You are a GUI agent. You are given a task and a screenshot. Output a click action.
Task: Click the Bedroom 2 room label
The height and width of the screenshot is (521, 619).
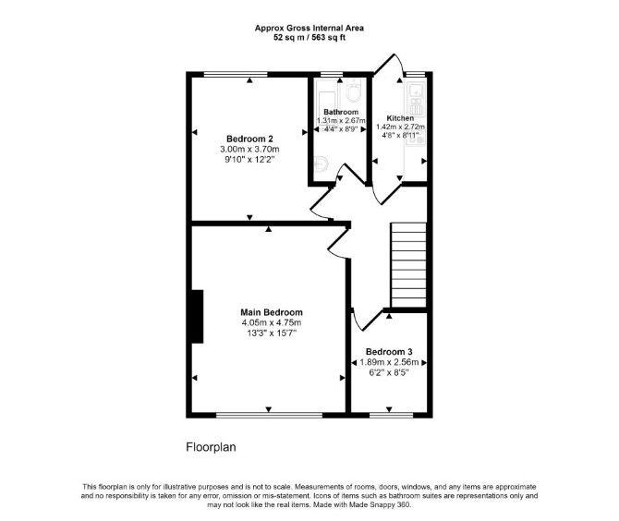click(x=249, y=139)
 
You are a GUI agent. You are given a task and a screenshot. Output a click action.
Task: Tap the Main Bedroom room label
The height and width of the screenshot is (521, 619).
click(x=272, y=312)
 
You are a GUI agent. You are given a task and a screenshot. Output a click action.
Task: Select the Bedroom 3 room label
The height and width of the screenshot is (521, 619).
click(x=389, y=352)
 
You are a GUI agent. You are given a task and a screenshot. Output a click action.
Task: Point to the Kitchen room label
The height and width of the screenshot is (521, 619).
click(x=400, y=118)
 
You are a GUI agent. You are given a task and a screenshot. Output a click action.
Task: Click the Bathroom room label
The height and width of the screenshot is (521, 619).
click(x=341, y=112)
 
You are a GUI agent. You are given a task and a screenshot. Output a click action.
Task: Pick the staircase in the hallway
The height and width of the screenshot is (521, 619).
click(x=408, y=265)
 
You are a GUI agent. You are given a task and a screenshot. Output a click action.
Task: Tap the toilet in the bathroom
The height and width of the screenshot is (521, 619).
click(x=353, y=91)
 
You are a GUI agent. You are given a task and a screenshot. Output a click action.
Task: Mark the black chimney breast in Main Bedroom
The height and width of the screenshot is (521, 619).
click(x=198, y=317)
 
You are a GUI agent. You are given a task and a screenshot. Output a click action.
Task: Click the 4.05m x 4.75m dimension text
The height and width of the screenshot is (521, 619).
click(x=272, y=322)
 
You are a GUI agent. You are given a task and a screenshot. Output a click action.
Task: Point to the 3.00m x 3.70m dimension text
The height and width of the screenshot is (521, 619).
click(x=249, y=150)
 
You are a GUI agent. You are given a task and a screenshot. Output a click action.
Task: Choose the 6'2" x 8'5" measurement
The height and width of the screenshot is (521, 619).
click(x=389, y=372)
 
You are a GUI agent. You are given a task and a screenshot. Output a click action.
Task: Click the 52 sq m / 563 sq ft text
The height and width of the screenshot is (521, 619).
click(x=309, y=38)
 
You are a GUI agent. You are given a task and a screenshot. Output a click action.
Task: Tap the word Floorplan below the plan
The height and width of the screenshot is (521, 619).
click(x=211, y=447)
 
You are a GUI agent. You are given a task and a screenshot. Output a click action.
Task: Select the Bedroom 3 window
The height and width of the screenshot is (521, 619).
click(x=391, y=415)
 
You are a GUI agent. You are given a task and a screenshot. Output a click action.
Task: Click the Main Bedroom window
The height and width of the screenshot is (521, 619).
click(x=269, y=415)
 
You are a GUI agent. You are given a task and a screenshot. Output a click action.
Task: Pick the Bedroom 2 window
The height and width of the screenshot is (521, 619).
click(x=236, y=74)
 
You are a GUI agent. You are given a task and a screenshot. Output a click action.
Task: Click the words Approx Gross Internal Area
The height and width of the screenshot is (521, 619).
click(x=309, y=28)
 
